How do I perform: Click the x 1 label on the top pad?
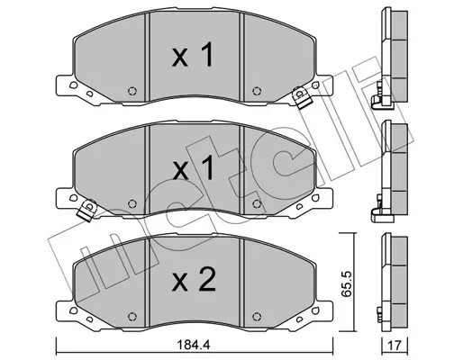point(192,58)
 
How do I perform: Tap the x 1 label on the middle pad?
point(192,167)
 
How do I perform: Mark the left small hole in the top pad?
point(132,90)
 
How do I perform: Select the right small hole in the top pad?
point(259,90)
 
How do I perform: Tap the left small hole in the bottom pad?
point(132,318)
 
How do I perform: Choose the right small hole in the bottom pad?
point(259,318)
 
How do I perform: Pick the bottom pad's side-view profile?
point(389,279)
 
